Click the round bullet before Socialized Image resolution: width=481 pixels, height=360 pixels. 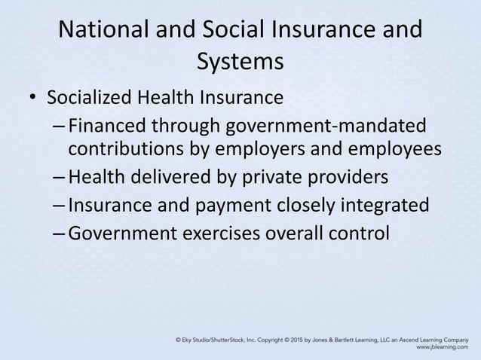(32, 99)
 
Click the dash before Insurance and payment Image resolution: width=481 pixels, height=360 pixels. (60, 205)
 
